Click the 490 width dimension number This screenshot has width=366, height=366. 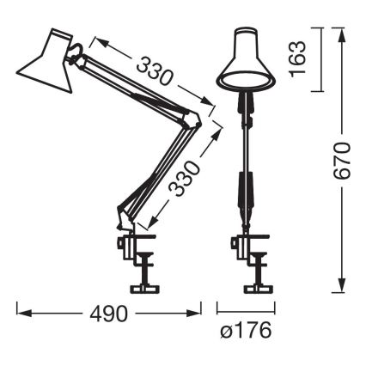(109, 313)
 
